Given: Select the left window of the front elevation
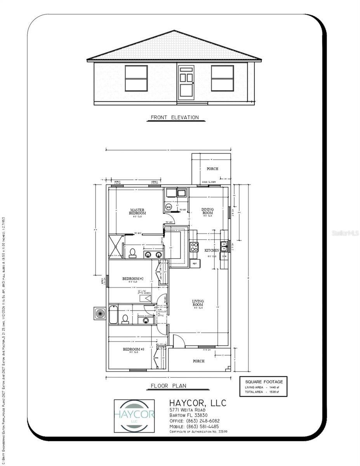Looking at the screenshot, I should (x=136, y=78).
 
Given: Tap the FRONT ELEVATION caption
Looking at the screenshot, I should (x=174, y=117).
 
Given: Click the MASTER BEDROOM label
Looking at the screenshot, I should (x=137, y=212).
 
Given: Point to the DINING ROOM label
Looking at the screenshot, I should (x=207, y=211).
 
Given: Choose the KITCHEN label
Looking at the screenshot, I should (x=212, y=250).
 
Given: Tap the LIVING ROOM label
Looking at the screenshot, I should (x=198, y=303).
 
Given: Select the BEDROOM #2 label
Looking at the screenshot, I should (x=133, y=279).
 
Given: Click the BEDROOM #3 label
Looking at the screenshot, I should (x=134, y=349).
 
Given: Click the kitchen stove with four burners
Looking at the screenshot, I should (x=194, y=247).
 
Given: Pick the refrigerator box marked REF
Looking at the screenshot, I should (x=194, y=264).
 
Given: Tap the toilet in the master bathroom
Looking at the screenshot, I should (x=132, y=253).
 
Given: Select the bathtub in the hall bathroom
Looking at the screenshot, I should (x=113, y=315).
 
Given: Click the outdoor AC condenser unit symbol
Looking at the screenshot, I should (x=100, y=313).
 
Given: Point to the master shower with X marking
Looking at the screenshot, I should (x=116, y=246).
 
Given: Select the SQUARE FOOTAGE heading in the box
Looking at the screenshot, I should (x=264, y=381).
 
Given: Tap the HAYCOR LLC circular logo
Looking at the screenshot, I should (x=134, y=416).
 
